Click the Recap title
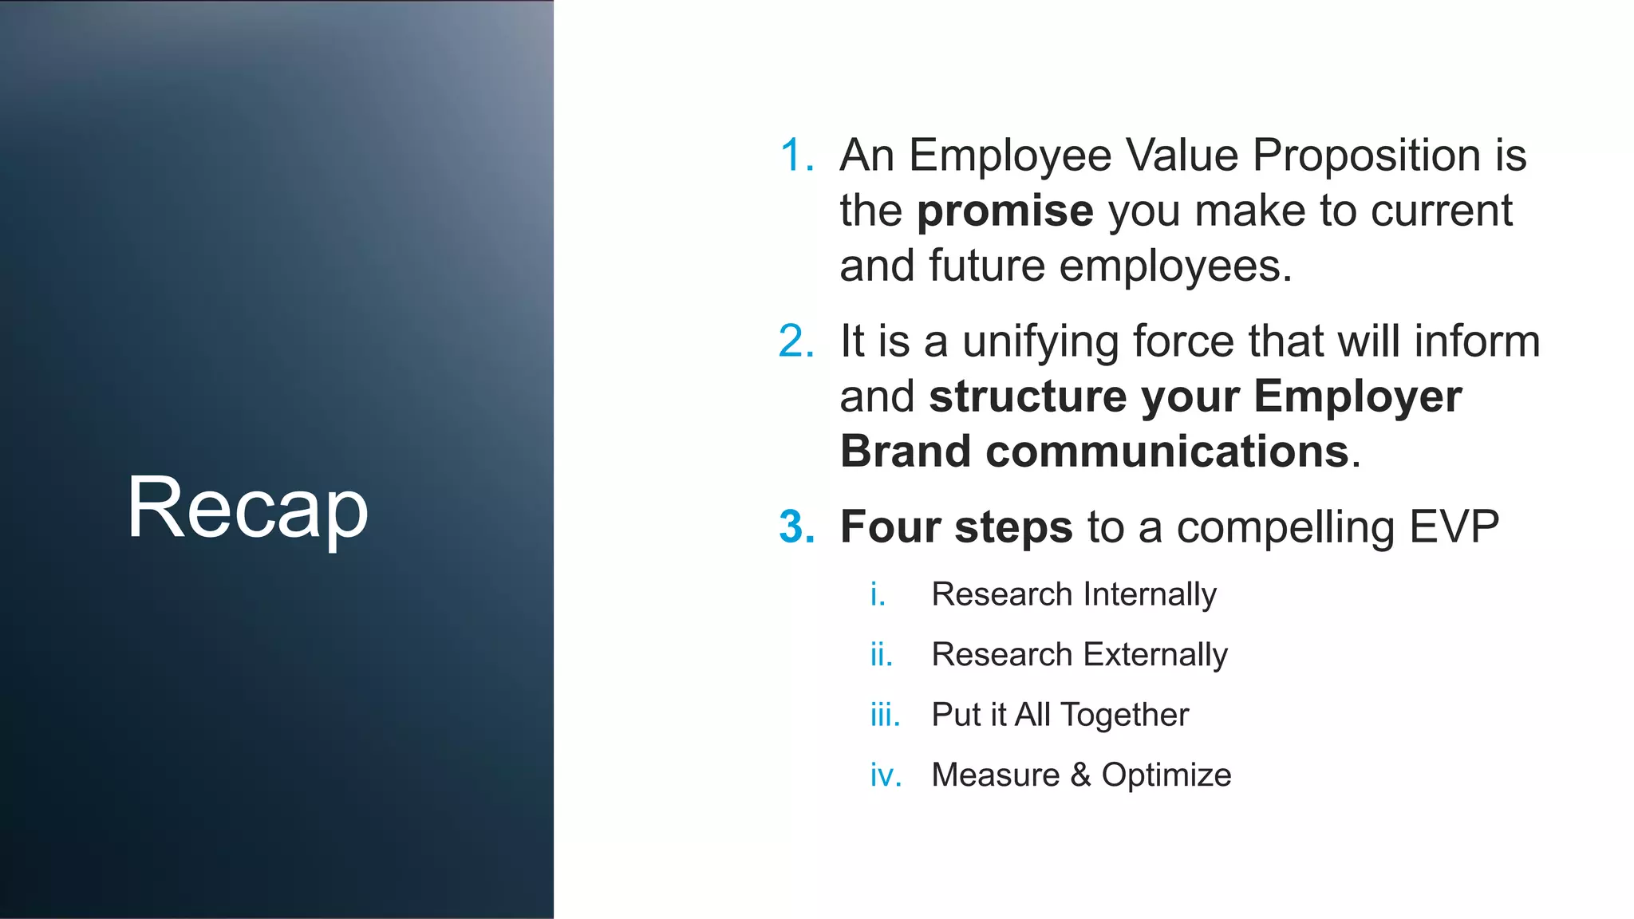pyautogui.click(x=247, y=507)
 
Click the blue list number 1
pyautogui.click(x=796, y=155)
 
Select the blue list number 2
pyautogui.click(x=796, y=341)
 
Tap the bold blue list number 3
pyautogui.click(x=796, y=527)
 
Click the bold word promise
pyautogui.click(x=1004, y=211)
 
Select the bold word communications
pyautogui.click(x=1166, y=452)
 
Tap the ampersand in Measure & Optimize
pyautogui.click(x=1080, y=775)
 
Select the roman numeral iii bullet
pyautogui.click(x=885, y=715)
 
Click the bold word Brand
pyautogui.click(x=905, y=452)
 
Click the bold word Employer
pyautogui.click(x=1358, y=396)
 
